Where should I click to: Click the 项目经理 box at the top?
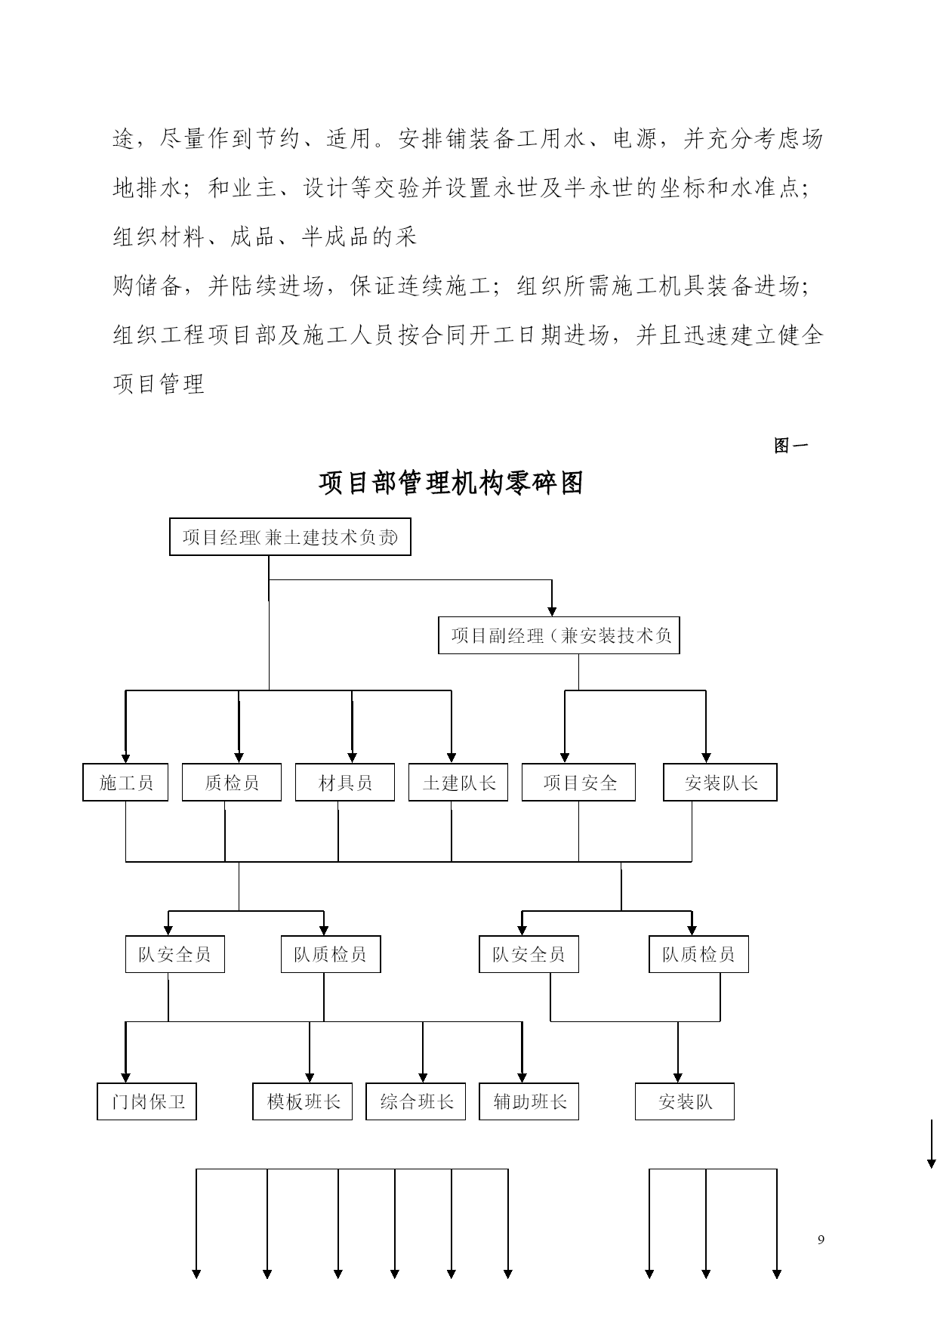290,537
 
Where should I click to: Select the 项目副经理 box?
559,635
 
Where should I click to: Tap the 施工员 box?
125,783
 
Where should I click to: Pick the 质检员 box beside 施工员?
232,783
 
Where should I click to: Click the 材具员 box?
345,783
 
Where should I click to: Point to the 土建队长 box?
458,783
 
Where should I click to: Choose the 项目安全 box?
578,783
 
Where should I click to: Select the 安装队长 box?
720,783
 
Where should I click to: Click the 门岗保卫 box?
146,1101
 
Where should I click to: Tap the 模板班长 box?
303,1101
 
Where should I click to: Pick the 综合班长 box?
416,1101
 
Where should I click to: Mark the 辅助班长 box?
529,1101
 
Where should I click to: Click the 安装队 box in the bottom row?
685,1101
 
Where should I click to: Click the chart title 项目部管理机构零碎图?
452,483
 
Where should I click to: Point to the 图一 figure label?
791,446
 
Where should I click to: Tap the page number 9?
821,1240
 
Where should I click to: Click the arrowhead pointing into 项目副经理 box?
552,611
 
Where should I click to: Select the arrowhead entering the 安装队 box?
678,1077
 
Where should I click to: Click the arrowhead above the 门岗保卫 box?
125,1077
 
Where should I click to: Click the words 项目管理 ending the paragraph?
159,384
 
